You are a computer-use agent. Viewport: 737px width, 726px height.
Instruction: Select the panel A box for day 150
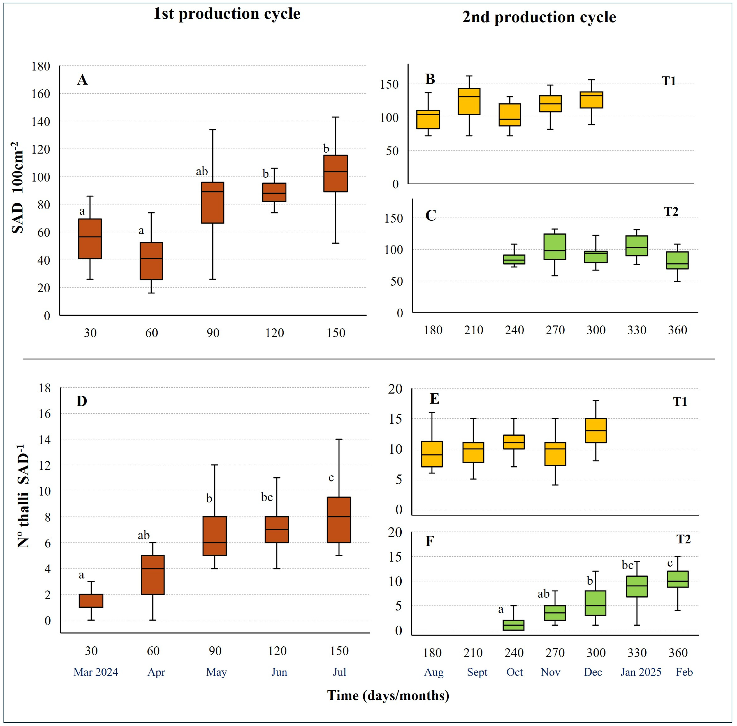click(336, 173)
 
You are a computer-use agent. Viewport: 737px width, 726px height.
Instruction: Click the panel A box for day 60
click(151, 261)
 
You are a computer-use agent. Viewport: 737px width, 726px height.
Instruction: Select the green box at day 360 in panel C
click(677, 260)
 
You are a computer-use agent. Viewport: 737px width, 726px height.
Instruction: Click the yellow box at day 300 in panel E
click(596, 431)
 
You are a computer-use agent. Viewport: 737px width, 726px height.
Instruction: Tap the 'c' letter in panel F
click(670, 563)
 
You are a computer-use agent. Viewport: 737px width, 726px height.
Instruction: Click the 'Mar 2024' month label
click(96, 672)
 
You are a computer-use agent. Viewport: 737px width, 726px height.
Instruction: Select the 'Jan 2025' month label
click(641, 672)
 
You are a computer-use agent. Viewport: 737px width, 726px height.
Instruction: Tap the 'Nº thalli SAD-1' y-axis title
click(24, 496)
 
